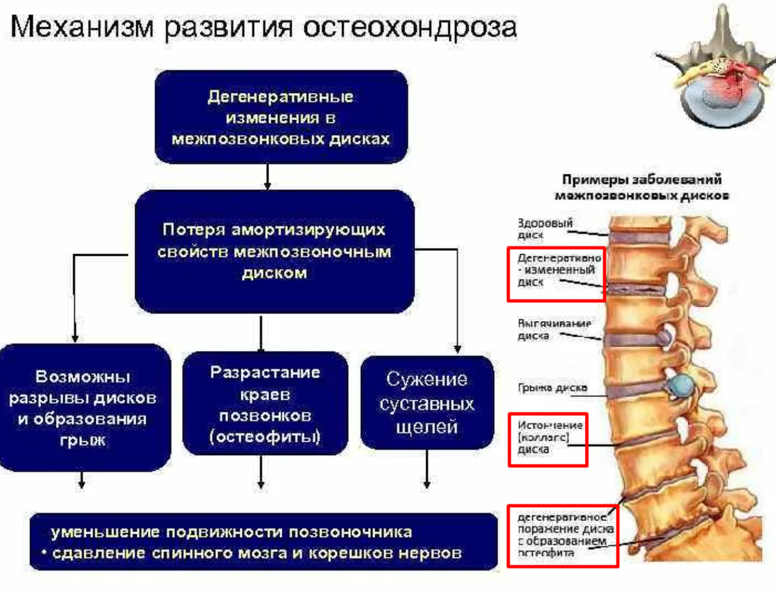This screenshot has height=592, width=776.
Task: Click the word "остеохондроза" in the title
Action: [x=409, y=27]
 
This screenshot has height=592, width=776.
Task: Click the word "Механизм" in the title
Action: [x=82, y=27]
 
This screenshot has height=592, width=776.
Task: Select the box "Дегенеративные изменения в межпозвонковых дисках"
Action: [x=281, y=117]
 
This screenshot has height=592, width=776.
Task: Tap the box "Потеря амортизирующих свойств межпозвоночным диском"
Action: [x=274, y=252]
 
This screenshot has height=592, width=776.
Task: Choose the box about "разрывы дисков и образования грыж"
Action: [x=83, y=408]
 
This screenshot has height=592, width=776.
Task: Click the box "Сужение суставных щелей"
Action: [x=427, y=403]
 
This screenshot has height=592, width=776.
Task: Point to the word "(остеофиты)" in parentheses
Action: [x=265, y=437]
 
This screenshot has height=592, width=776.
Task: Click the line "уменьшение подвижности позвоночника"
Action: [x=231, y=532]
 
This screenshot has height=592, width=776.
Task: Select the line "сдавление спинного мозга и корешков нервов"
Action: [x=257, y=553]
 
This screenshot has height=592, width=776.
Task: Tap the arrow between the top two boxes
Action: [x=267, y=176]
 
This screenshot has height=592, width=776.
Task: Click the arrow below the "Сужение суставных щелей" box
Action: [x=427, y=470]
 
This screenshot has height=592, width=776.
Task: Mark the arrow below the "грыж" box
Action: [x=82, y=480]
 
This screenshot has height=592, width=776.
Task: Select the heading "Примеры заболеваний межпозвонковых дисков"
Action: [x=641, y=187]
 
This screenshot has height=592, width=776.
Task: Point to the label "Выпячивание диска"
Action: [x=553, y=329]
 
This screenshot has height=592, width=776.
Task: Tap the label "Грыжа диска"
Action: [x=552, y=388]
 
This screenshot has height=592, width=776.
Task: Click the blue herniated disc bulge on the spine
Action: [x=682, y=384]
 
